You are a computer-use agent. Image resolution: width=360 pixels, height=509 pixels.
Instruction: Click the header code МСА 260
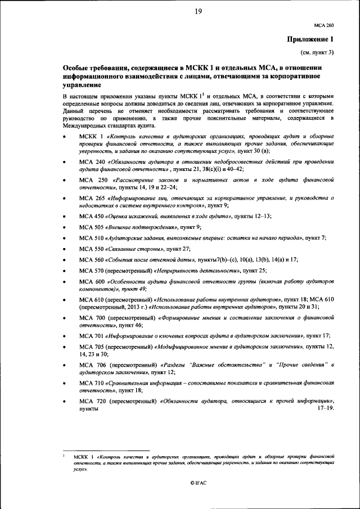point(323,26)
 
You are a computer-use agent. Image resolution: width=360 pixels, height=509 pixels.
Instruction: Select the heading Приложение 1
point(311,39)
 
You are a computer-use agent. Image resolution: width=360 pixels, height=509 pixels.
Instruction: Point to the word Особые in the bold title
point(77,67)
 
